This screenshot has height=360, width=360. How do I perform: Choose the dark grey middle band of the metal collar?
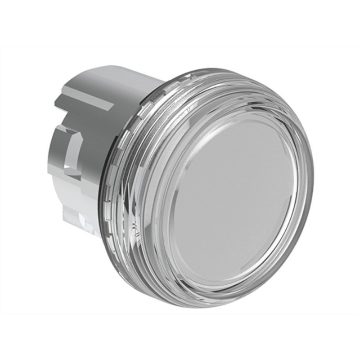point(90,144)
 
